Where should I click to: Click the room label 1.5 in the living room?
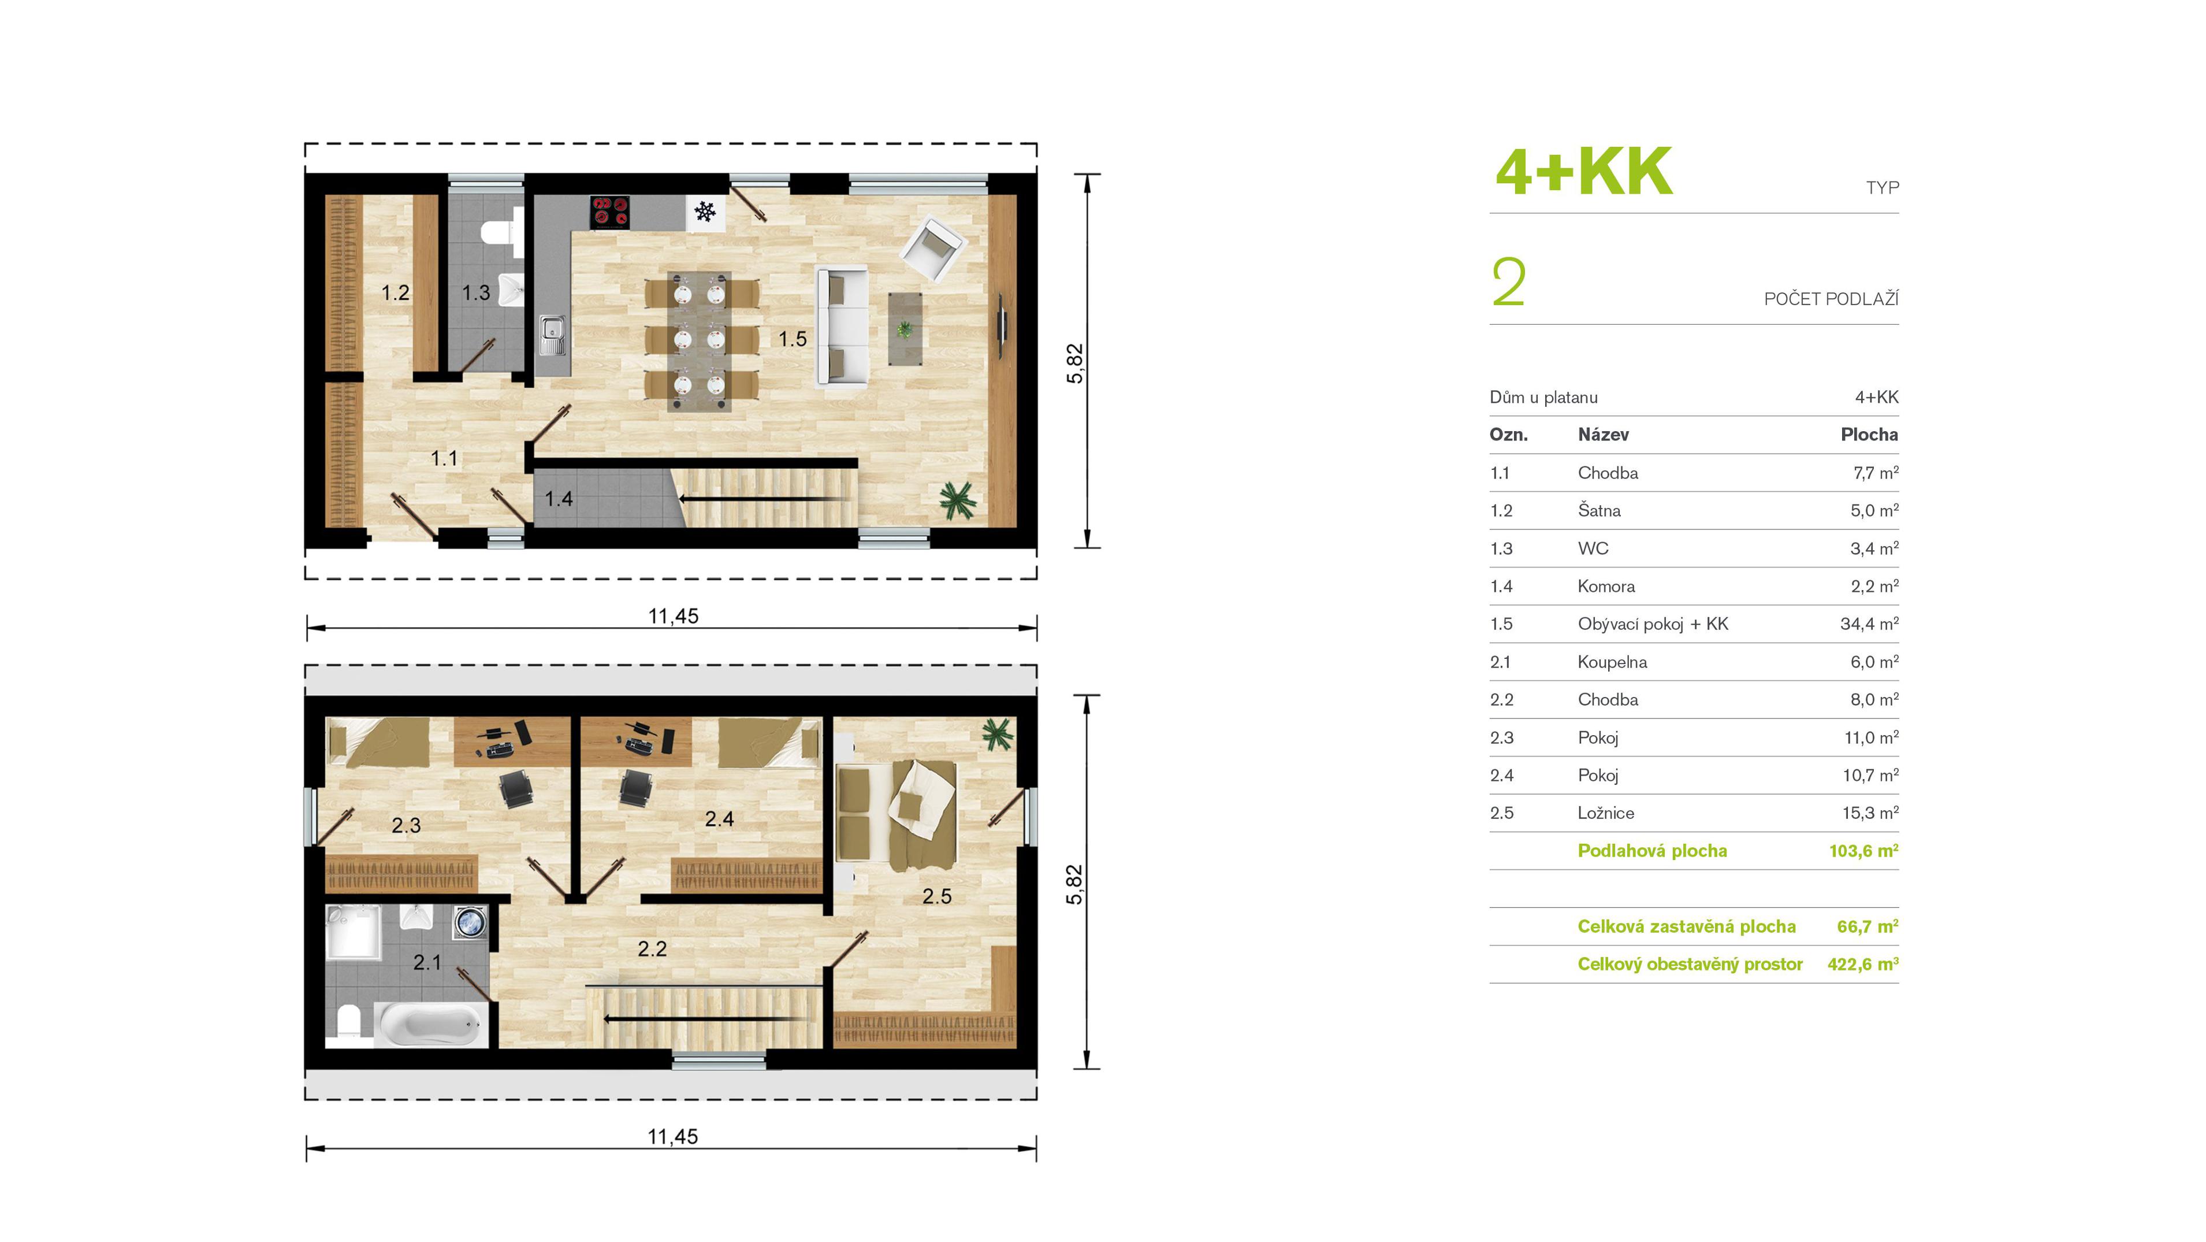click(792, 339)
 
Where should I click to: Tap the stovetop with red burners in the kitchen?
click(610, 212)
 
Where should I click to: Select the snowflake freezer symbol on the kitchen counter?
click(705, 211)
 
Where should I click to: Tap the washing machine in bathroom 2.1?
click(470, 924)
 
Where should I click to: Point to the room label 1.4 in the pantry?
click(559, 499)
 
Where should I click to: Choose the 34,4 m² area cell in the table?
click(1869, 624)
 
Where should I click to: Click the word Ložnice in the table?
click(1606, 813)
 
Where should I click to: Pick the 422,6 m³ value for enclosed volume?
click(1863, 963)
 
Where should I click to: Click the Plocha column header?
click(1869, 434)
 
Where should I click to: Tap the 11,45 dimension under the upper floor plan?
click(673, 616)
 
